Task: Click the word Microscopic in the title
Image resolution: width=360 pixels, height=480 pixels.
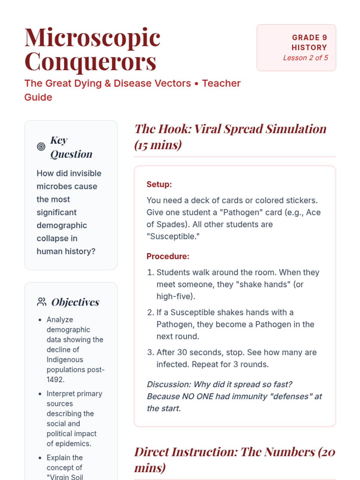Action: point(92,38)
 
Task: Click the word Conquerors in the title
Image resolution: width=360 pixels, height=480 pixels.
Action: point(90,62)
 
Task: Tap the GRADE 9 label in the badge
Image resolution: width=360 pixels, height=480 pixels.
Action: point(309,37)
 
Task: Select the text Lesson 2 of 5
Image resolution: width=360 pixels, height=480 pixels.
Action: point(305,58)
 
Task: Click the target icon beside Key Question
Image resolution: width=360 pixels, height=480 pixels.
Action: point(41,147)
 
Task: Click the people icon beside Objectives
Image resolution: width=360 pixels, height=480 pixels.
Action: point(41,302)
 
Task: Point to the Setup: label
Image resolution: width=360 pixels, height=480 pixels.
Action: point(159,184)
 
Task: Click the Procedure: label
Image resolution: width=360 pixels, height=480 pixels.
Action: point(168,256)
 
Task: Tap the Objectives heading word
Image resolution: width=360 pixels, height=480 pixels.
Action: point(75,302)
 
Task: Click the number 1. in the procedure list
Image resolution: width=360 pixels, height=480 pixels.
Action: point(151,272)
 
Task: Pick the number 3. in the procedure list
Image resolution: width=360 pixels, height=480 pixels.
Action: point(151,352)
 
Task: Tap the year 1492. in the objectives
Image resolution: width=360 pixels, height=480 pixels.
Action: point(55,379)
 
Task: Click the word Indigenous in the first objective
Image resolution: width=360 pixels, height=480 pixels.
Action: point(65,359)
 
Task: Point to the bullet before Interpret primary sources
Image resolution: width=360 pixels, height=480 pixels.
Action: point(40,394)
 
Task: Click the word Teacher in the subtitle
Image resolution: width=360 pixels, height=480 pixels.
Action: point(221,83)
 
